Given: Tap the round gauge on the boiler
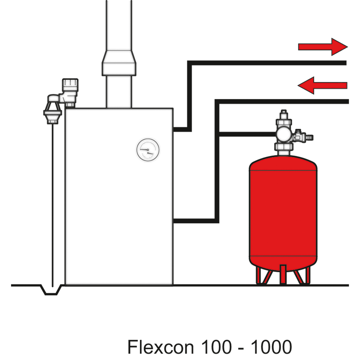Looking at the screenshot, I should point(148,149).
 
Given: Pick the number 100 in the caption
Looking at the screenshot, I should point(216,347).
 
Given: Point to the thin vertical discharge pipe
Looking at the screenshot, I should point(52,204).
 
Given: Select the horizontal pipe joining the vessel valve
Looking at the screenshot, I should point(246,134).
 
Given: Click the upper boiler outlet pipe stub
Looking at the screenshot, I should point(180,130).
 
